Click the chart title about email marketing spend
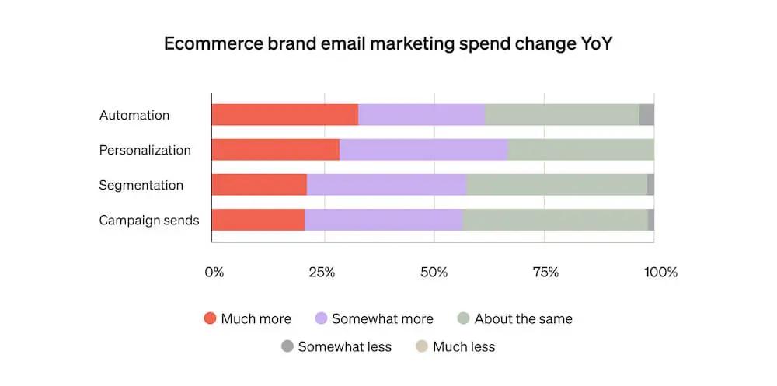[x=388, y=43]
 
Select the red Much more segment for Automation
[x=284, y=115]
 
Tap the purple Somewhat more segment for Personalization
[x=423, y=150]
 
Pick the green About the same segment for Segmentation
[x=556, y=185]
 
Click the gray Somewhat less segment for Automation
[x=646, y=115]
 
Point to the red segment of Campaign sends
[x=258, y=220]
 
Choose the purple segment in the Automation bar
[x=421, y=115]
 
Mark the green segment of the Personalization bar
[x=580, y=150]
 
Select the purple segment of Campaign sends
[x=383, y=220]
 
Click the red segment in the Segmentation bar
[x=259, y=185]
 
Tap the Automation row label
[x=134, y=115]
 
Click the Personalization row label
[x=145, y=150]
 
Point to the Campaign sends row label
[x=148, y=220]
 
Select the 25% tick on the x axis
[x=322, y=273]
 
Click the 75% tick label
[x=545, y=273]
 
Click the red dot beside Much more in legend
[x=209, y=318]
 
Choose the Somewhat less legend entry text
[x=344, y=346]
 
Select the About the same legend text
[x=523, y=318]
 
